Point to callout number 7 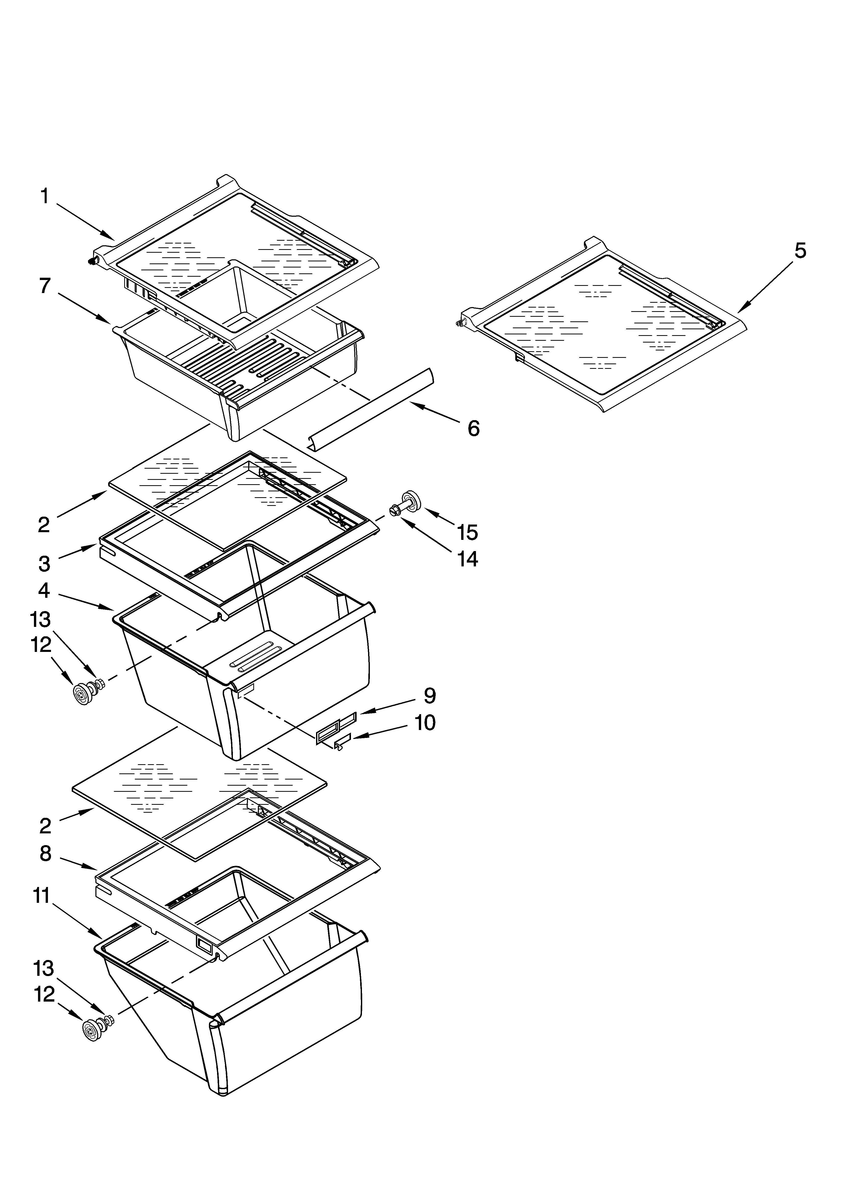coord(45,286)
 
